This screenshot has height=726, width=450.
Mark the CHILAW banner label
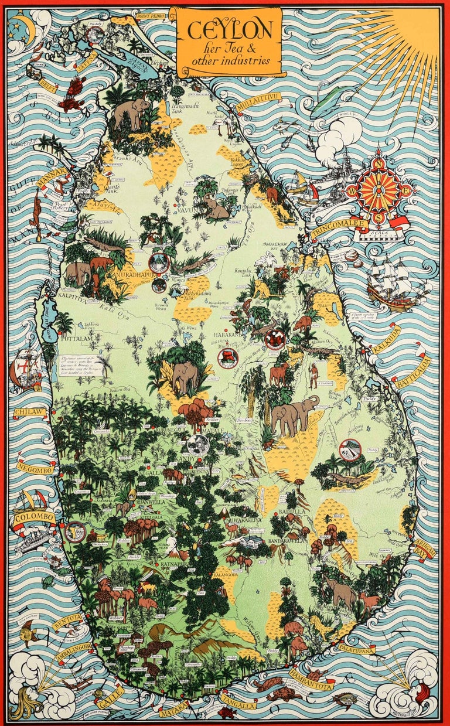[x=30, y=413]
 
